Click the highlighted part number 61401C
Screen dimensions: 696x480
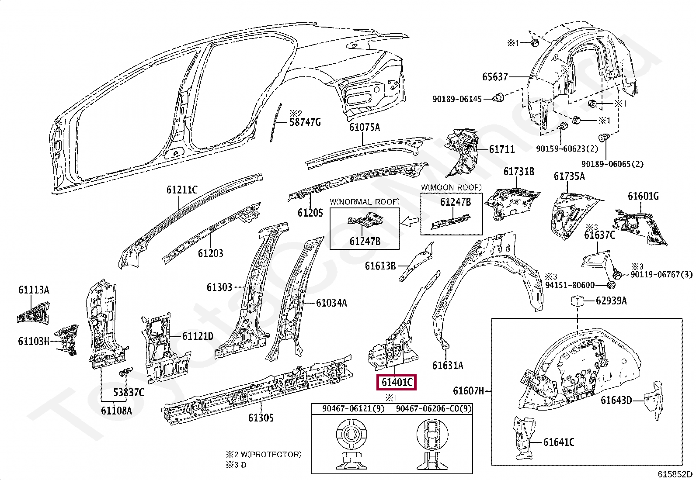tap(397, 382)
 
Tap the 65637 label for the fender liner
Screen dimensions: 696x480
tap(495, 77)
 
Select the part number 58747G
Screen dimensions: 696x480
tap(305, 122)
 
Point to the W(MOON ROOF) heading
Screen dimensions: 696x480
tap(451, 187)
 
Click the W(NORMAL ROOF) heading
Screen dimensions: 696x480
tap(365, 202)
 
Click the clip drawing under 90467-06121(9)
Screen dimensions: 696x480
tap(351, 444)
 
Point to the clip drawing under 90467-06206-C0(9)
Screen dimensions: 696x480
tap(432, 444)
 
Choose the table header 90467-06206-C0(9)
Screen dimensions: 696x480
tap(434, 409)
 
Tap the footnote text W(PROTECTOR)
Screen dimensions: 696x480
tap(271, 455)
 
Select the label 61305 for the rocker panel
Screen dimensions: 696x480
tap(261, 418)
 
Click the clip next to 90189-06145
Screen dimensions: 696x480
tap(498, 97)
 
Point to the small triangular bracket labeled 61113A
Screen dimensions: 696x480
tap(33, 313)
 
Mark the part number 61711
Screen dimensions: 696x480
tap(502, 149)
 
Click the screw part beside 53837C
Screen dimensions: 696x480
tap(125, 372)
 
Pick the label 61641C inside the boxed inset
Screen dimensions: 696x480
tap(559, 442)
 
